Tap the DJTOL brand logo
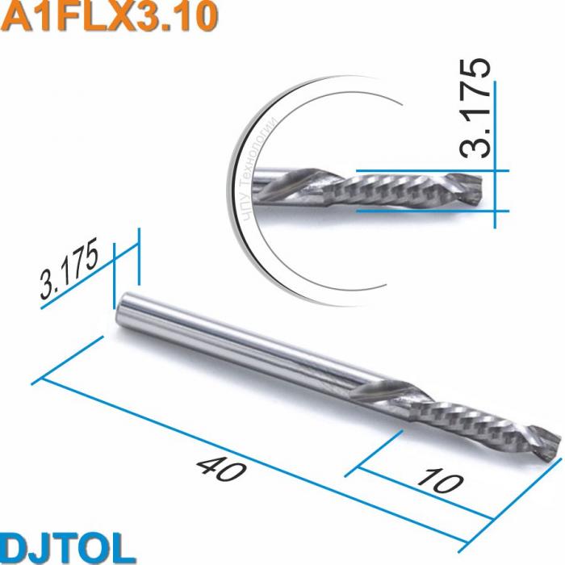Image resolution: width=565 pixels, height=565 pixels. click(67, 546)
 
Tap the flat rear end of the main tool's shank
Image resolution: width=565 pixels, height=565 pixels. click(123, 308)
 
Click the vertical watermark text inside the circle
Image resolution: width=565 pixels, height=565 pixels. click(260, 169)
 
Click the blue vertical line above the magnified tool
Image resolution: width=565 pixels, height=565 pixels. click(494, 121)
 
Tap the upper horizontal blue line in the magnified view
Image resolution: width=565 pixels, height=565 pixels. click(428, 171)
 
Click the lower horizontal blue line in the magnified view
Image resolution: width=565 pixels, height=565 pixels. click(428, 211)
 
